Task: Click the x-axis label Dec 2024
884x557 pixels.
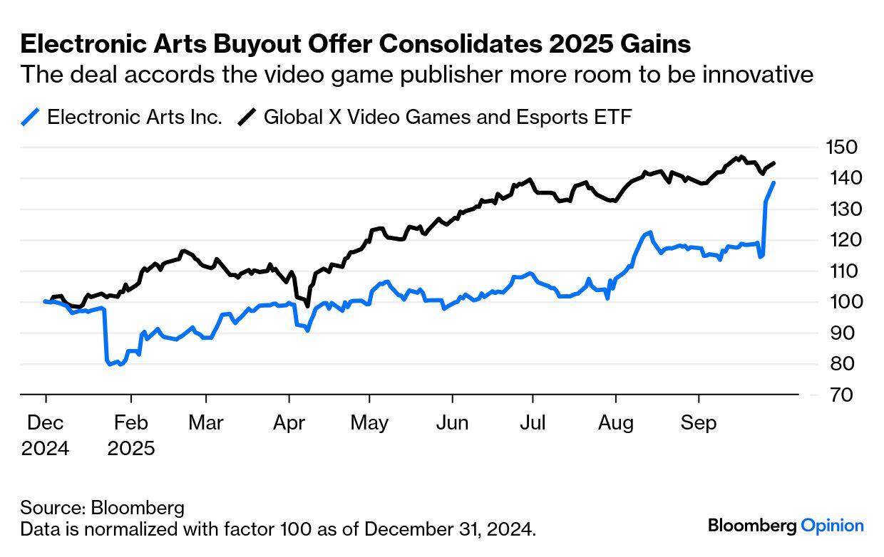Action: tap(46, 435)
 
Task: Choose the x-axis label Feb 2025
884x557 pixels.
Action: tap(131, 435)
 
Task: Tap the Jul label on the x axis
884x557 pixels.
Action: tap(533, 423)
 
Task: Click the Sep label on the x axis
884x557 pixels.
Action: tap(699, 423)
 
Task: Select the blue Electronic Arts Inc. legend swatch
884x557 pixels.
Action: tap(31, 117)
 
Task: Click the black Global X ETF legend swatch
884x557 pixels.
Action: tap(247, 117)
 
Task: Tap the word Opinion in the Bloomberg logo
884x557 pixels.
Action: tap(832, 526)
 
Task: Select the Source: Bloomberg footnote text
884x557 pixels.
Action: tap(103, 508)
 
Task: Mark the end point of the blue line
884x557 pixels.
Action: tap(774, 183)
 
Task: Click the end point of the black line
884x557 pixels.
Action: tap(775, 163)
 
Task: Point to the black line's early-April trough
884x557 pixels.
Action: tap(307, 306)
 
